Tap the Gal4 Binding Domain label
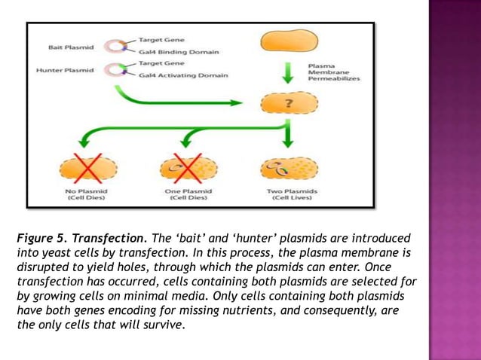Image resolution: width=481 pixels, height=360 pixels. tap(178, 52)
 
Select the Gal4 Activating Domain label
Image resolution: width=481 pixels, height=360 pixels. tap(182, 75)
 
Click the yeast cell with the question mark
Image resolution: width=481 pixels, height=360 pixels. tap(290, 105)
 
